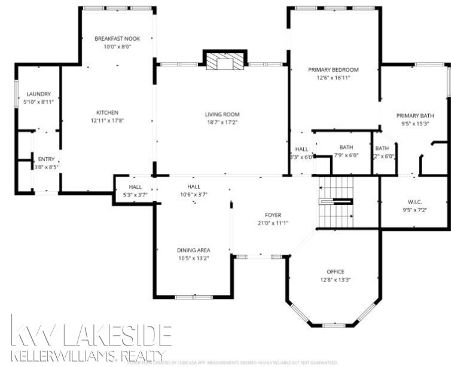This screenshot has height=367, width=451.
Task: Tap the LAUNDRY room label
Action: pyautogui.click(x=39, y=94)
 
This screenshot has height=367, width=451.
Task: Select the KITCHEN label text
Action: pyautogui.click(x=108, y=112)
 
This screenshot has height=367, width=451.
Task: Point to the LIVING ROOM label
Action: pyautogui.click(x=222, y=114)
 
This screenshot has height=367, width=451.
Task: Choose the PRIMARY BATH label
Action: pyautogui.click(x=415, y=115)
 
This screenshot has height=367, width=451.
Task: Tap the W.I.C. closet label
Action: pyautogui.click(x=415, y=201)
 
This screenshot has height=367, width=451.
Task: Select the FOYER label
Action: pyautogui.click(x=273, y=215)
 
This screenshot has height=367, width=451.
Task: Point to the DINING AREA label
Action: pyautogui.click(x=193, y=250)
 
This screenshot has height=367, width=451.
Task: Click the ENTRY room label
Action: pyautogui.click(x=46, y=159)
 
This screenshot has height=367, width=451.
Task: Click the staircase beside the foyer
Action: pyautogui.click(x=335, y=203)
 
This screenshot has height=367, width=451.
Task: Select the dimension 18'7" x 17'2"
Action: pyautogui.click(x=222, y=123)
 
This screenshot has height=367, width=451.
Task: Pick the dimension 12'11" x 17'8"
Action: pyautogui.click(x=108, y=120)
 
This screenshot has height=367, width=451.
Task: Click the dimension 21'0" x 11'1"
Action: pyautogui.click(x=273, y=223)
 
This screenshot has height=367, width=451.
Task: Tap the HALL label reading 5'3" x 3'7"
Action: pyautogui.click(x=135, y=186)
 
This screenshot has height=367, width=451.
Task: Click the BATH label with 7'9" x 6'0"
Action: pyautogui.click(x=346, y=147)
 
